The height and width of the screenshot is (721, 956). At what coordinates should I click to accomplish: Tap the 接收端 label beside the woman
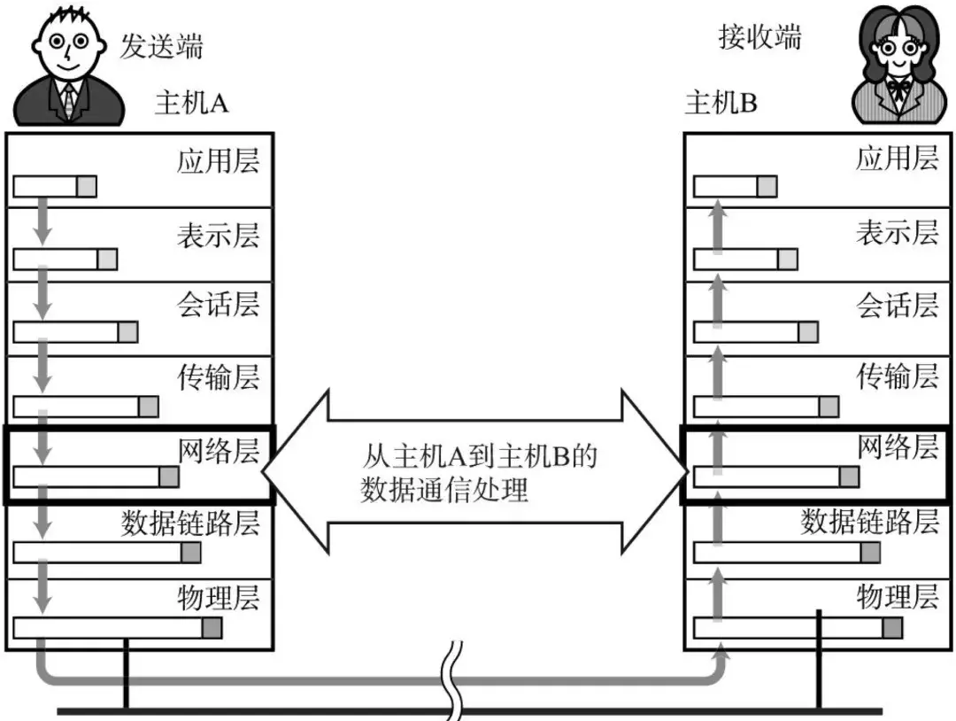tap(759, 37)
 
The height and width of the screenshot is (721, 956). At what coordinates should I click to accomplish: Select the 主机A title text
tap(192, 103)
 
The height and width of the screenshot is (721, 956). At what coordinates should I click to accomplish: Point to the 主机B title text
tap(721, 103)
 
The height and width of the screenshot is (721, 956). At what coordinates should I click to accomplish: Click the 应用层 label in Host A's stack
tap(219, 161)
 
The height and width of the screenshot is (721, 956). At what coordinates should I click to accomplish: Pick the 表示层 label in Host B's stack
tap(897, 232)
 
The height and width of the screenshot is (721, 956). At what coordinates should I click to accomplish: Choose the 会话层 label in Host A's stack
tap(219, 304)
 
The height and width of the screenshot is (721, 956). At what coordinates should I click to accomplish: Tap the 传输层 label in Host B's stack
tap(897, 376)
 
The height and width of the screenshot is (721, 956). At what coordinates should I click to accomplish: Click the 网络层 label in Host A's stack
tap(219, 450)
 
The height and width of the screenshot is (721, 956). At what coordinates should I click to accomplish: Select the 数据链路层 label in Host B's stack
tap(869, 522)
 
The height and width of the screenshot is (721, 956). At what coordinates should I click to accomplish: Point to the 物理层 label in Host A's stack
tap(219, 597)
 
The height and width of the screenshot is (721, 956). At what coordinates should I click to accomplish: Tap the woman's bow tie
tap(898, 89)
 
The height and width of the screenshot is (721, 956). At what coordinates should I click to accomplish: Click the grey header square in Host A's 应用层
tap(87, 187)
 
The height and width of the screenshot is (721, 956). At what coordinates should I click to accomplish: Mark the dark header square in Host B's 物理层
tap(892, 628)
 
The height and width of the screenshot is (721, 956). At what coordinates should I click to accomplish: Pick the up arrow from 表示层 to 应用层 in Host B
tap(718, 227)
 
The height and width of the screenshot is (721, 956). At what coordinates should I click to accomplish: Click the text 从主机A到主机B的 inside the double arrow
tap(480, 456)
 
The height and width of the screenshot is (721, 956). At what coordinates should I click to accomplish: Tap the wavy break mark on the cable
tap(452, 681)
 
